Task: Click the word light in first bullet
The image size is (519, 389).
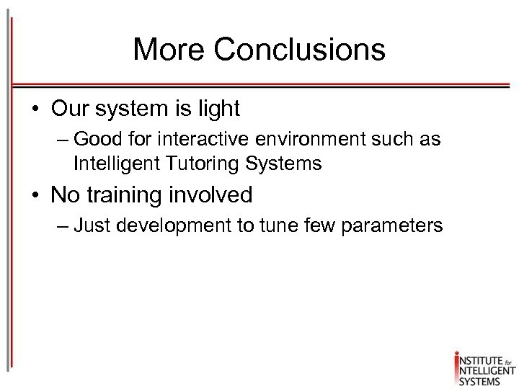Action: (217, 109)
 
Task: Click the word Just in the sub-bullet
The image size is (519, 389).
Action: (92, 225)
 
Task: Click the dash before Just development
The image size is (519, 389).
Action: (61, 226)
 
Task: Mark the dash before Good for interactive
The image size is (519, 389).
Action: (61, 139)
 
